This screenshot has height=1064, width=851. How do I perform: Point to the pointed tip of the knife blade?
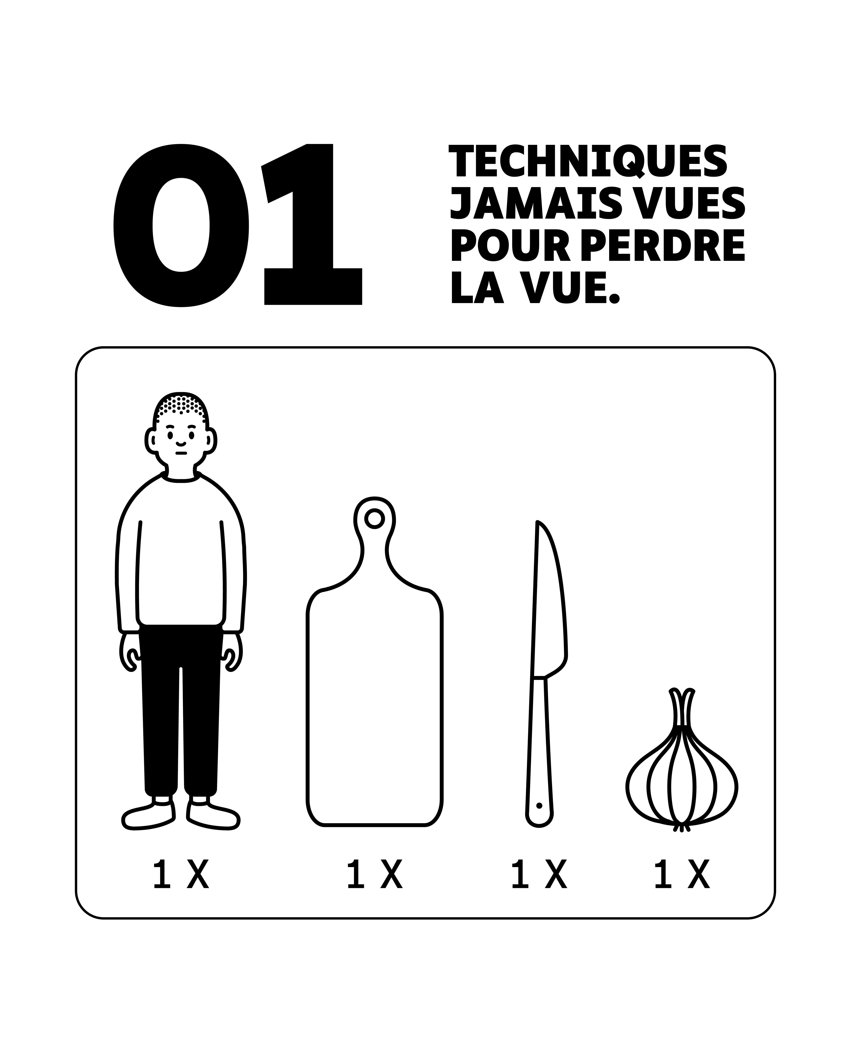[x=537, y=522]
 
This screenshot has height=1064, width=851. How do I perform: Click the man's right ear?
[x=151, y=440]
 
